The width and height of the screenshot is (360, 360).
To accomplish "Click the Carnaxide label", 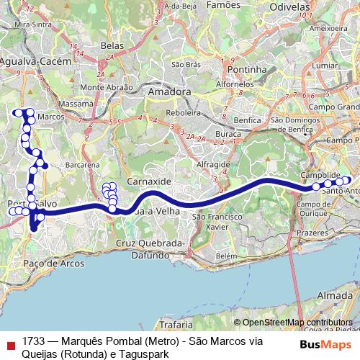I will [x=146, y=181].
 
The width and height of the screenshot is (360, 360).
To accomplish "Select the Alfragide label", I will [x=213, y=164].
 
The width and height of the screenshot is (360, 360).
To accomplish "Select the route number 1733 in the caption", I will [x=35, y=340].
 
